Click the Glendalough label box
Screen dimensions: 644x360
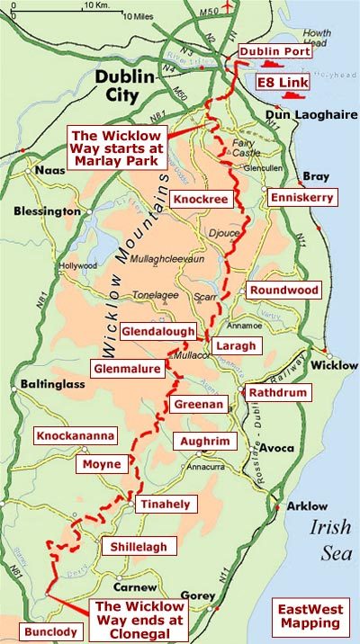click(x=157, y=331)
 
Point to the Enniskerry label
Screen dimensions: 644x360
click(x=301, y=196)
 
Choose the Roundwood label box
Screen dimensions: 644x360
click(x=281, y=291)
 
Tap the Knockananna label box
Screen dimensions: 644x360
click(x=75, y=435)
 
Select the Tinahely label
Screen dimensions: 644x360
click(x=165, y=505)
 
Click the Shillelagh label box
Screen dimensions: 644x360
click(x=138, y=546)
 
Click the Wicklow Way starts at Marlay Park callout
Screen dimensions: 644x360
click(x=117, y=146)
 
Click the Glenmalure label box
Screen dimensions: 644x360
click(x=128, y=368)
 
